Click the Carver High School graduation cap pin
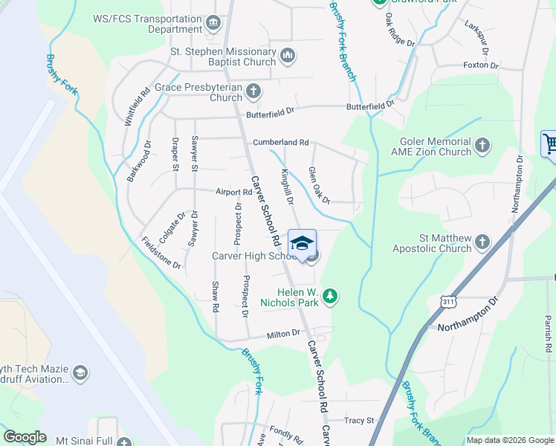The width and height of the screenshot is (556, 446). [x=301, y=243]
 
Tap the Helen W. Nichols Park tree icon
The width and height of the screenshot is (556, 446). [x=330, y=297]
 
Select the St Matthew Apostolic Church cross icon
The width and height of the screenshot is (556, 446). [x=482, y=242]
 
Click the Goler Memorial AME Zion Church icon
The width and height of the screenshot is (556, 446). [x=482, y=145]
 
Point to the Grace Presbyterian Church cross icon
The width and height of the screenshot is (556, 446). [x=253, y=91]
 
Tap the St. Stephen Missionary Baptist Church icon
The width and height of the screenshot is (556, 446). [x=288, y=56]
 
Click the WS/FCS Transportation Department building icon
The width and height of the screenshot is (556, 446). [x=214, y=23]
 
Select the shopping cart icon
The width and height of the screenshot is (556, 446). [x=549, y=143]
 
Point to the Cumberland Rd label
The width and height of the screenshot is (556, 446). [x=280, y=142]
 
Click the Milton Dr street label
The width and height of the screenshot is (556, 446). [x=284, y=335]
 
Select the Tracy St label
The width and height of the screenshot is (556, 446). [x=359, y=421]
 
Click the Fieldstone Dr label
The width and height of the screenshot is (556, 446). [x=161, y=253]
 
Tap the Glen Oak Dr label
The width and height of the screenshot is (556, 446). [x=319, y=184]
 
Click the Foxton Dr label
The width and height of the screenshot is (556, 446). [x=480, y=65]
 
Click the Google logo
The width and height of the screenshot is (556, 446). [x=25, y=437]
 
